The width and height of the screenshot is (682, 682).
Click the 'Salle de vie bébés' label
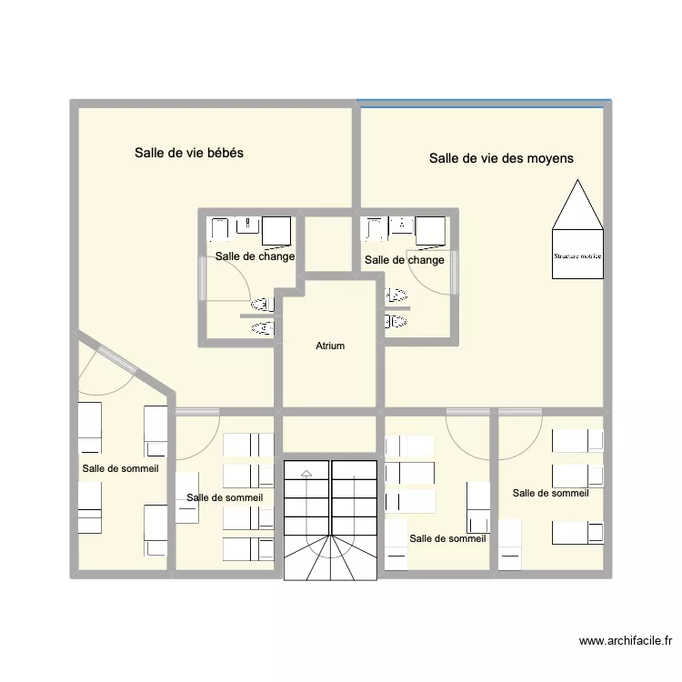point(188,153)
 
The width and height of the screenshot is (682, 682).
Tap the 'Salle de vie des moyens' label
point(501,158)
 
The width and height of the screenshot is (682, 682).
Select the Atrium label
point(330,346)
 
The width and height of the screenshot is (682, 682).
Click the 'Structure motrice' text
point(577,256)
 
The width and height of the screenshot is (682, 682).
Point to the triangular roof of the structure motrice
point(577,207)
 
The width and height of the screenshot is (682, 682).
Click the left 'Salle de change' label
point(255,256)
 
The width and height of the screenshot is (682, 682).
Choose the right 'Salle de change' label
point(405,260)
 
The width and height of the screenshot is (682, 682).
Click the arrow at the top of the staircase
point(306,473)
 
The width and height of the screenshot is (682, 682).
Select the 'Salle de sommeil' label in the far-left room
point(120,469)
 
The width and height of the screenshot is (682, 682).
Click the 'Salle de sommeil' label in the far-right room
point(550,493)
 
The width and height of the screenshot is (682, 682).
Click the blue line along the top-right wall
point(482,102)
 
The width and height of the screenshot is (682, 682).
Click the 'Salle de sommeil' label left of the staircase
point(225,497)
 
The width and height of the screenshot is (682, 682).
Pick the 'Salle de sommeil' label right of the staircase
point(447,538)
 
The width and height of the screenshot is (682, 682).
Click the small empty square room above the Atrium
point(328,244)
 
